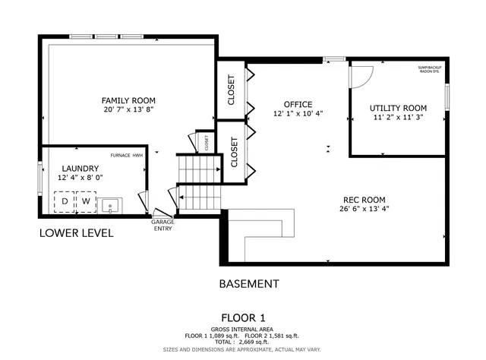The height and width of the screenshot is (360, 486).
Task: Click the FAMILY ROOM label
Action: click(129, 100)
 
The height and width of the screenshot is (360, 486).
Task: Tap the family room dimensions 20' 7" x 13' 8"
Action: click(129, 110)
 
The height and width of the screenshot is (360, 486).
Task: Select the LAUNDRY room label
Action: click(80, 168)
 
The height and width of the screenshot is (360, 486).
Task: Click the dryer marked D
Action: click(65, 202)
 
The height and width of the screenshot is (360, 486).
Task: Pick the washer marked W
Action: click(86, 202)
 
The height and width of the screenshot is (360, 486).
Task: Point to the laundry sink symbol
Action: click(112, 204)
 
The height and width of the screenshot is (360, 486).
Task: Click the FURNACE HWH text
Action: click(126, 155)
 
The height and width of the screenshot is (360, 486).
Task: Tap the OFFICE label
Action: click(298, 104)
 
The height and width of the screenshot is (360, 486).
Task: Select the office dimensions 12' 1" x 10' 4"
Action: click(298, 114)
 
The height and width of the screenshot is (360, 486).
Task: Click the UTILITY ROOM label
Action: click(399, 108)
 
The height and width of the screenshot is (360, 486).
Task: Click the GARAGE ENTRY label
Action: click(163, 225)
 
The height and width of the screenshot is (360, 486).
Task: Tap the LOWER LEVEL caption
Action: click(77, 233)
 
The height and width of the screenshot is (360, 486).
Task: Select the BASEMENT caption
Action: click(248, 284)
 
